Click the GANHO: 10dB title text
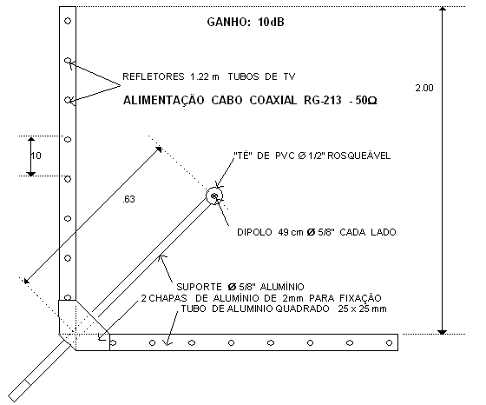coord(246,22)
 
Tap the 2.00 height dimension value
coord(424,88)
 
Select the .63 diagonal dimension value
coord(129,199)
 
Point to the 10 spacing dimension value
coord(36,156)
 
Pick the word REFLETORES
coord(153,76)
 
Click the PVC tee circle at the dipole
coord(214,196)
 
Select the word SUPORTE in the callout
coord(199,287)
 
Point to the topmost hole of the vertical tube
coord(68,21)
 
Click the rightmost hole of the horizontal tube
coord(389,343)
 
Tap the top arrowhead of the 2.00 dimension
coord(443,9)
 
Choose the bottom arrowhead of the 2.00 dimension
coord(443,332)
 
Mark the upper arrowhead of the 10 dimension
coord(31,139)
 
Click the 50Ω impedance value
coord(366,101)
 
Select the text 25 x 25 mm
coord(363,309)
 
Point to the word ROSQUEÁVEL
coord(359,156)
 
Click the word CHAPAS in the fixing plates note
coord(167,298)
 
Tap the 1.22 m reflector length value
coord(205,76)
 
